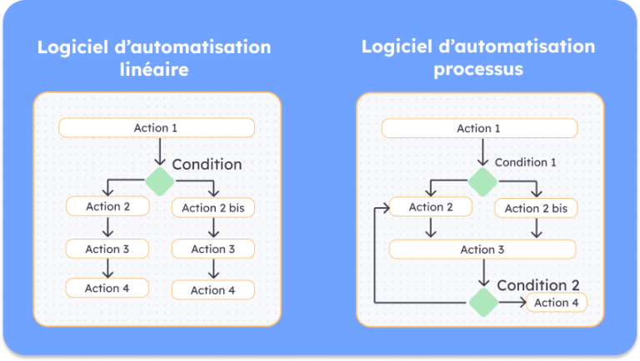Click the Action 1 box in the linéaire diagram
click(156, 127)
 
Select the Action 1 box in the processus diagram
click(479, 128)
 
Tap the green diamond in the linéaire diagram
click(159, 180)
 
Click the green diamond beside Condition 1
click(482, 180)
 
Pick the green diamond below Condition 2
click(482, 302)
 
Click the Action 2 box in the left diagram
click(107, 206)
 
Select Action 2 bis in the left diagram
click(212, 208)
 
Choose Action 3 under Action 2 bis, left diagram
click(212, 249)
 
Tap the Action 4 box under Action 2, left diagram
click(107, 288)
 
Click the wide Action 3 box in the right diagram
click(482, 250)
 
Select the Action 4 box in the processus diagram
click(556, 303)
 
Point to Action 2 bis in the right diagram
click(536, 208)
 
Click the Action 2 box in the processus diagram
click(431, 207)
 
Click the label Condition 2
click(537, 285)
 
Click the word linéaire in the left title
click(154, 70)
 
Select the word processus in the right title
click(478, 69)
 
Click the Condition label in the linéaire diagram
click(207, 165)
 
